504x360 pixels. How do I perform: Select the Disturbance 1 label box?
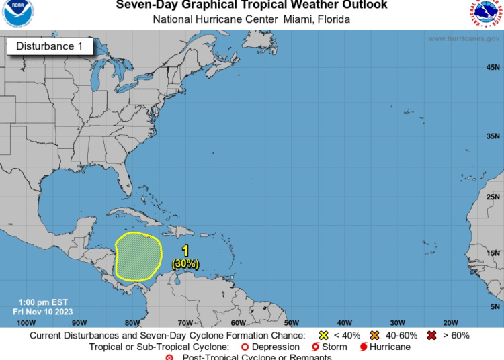[x=45, y=46]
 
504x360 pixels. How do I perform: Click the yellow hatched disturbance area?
[x=138, y=256]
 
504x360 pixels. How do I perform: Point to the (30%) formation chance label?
[x=185, y=264]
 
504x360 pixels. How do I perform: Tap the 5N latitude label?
[x=494, y=305]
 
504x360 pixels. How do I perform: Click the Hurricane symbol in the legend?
[x=364, y=347]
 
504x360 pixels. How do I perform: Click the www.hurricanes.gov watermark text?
[x=464, y=38]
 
